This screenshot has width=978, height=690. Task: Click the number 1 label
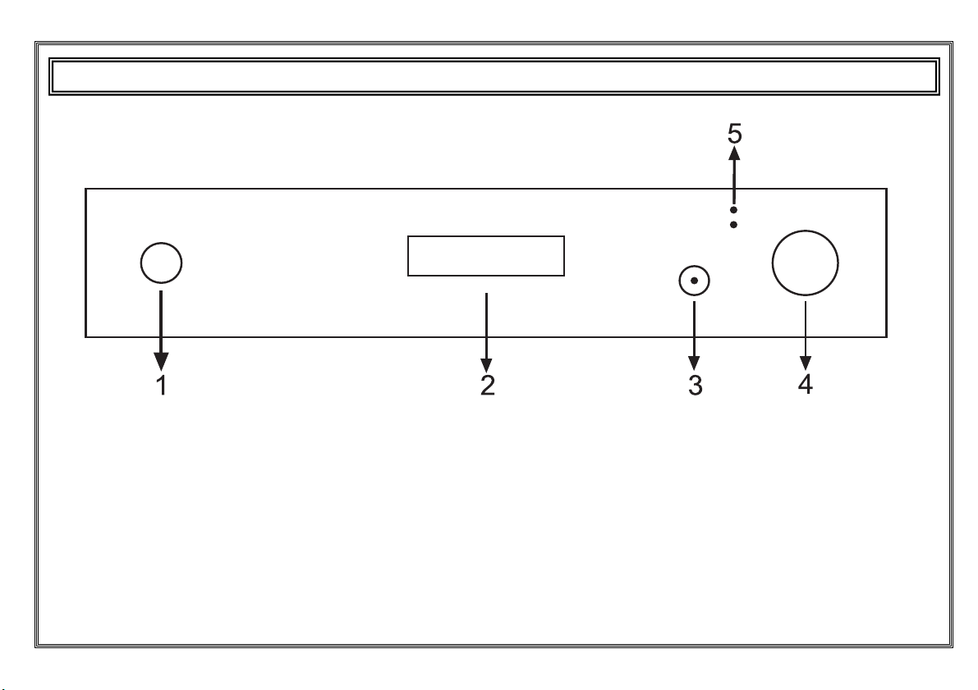coord(162,386)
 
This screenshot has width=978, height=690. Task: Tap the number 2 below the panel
coord(488,386)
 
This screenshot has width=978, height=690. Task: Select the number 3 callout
coord(696,386)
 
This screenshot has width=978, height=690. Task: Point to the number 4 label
coord(806,384)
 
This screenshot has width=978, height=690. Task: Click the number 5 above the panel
coord(735,134)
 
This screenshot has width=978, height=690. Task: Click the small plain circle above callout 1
coord(162,263)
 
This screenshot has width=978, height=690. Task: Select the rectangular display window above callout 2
coord(486,255)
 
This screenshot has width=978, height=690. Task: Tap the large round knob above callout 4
coord(806,263)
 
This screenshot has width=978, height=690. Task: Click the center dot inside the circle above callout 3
coord(694,281)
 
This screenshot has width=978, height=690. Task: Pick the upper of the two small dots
coord(733,211)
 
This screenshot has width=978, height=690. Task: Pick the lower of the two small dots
coord(733,224)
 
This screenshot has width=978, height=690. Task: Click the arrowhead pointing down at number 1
coord(162,362)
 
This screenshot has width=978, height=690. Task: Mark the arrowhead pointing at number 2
coord(486,366)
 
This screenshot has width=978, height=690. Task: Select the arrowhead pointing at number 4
coord(806,363)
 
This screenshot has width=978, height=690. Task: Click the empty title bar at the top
coord(494,76)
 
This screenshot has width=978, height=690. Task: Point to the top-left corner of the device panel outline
coord(85,188)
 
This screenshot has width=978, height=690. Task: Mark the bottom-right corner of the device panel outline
coord(887,337)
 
